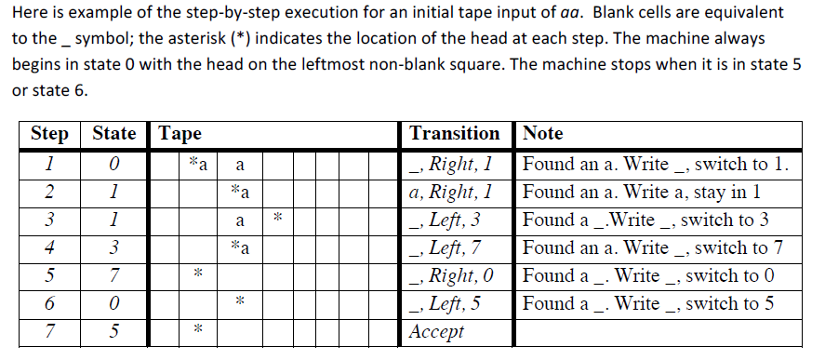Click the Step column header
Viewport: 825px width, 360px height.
point(49,134)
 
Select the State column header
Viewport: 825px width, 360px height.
point(115,134)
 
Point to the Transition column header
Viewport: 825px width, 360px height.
point(454,134)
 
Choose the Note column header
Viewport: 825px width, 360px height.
point(544,134)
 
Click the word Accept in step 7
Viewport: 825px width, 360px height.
point(437,332)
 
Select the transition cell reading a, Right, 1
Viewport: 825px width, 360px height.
point(450,193)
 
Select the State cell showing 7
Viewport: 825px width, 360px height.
point(113,276)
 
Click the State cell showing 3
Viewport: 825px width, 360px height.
point(113,248)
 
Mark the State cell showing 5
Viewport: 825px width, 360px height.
point(113,332)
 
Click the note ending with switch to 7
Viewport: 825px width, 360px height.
point(654,248)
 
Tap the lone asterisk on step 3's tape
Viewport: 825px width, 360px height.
point(277,220)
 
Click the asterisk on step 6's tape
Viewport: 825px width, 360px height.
point(239,303)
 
